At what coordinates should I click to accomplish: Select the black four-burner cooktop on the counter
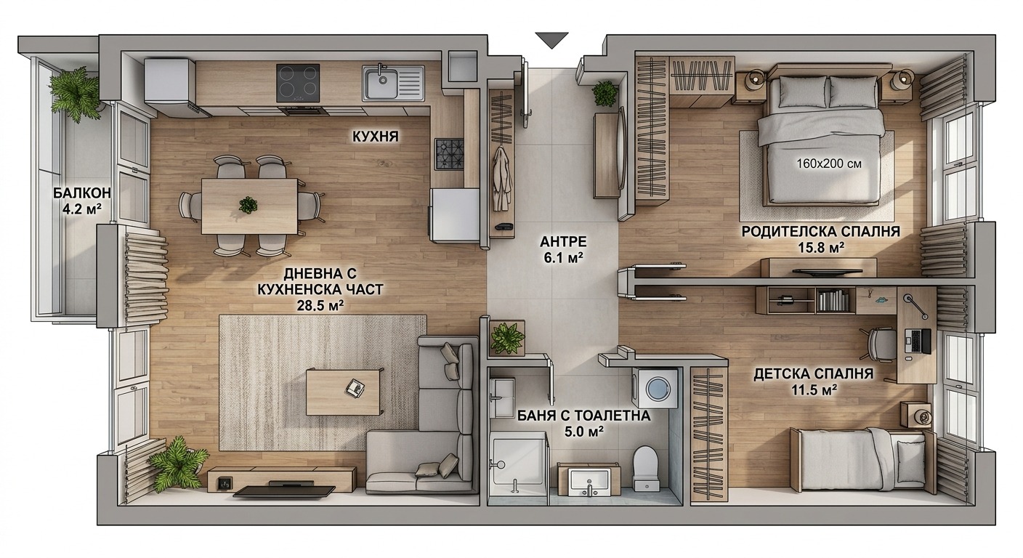[x=298, y=83]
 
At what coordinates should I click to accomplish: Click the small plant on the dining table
[x=248, y=205]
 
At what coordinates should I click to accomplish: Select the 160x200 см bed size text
[x=829, y=163]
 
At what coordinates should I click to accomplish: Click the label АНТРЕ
[x=562, y=241]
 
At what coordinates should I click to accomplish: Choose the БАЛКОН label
[x=82, y=193]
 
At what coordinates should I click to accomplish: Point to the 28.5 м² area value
[x=320, y=305]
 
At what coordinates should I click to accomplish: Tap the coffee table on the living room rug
[x=344, y=392]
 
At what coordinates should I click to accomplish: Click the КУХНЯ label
[x=376, y=136]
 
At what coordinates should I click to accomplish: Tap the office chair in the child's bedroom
[x=881, y=345]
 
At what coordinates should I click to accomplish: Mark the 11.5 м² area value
[x=814, y=389]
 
